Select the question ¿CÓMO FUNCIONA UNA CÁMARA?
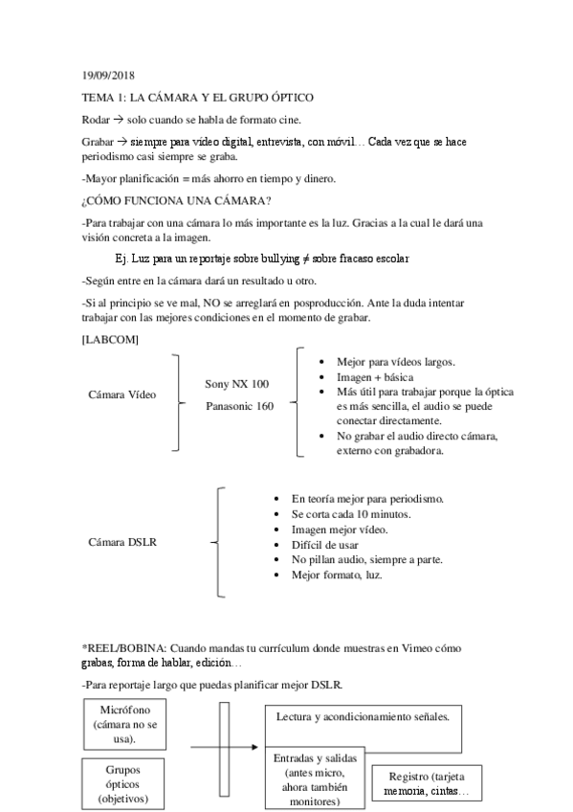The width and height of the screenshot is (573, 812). (x=176, y=200)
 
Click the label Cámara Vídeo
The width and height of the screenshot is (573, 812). (x=121, y=395)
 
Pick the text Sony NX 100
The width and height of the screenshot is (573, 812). (x=236, y=384)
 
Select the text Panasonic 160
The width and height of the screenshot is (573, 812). (x=239, y=406)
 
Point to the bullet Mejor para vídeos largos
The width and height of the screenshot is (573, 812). (x=395, y=362)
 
